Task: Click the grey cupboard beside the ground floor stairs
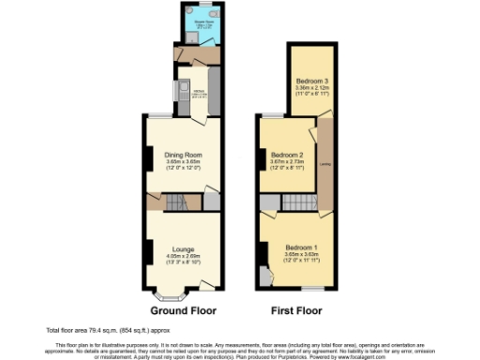(x=212, y=200)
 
